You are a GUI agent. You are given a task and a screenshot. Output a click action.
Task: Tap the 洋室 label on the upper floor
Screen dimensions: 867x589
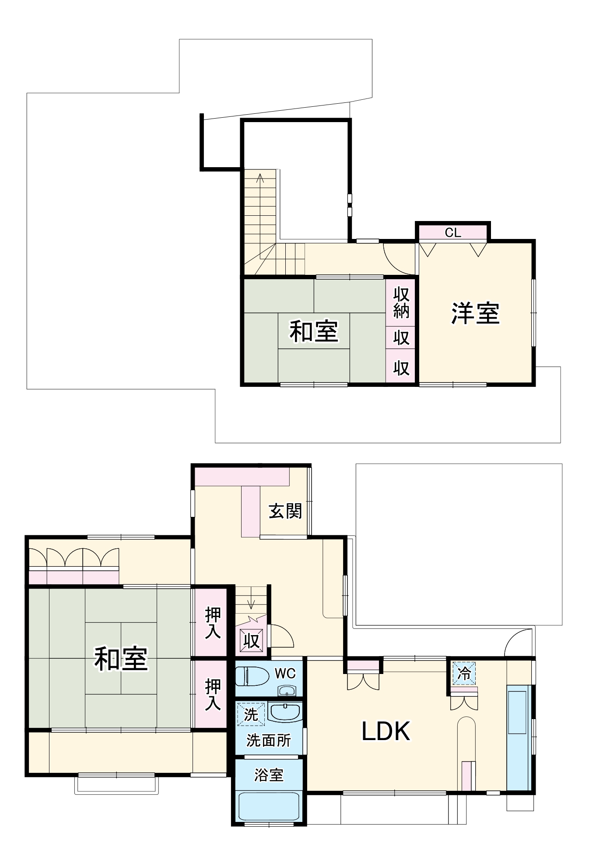[x=475, y=313]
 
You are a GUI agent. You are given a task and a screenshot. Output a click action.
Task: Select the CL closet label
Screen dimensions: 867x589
[x=453, y=233]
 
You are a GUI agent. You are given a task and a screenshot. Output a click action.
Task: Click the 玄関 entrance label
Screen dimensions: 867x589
[x=285, y=511]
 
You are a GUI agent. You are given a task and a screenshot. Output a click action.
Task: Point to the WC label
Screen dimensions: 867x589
[x=285, y=673]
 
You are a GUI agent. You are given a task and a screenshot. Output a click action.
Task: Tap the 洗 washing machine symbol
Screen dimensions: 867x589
[x=251, y=715]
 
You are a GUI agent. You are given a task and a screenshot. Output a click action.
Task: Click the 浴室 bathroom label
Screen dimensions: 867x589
[x=269, y=775]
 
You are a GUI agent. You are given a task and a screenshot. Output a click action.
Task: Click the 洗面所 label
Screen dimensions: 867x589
[x=269, y=741]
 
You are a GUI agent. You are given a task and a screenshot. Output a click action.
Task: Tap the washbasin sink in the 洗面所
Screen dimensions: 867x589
[x=285, y=712]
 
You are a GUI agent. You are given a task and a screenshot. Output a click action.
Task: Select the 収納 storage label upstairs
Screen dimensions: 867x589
[x=401, y=302]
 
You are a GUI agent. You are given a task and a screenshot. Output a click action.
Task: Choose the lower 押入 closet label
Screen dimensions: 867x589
[x=213, y=694]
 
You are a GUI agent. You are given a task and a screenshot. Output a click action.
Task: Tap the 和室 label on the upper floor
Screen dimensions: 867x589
[x=314, y=331]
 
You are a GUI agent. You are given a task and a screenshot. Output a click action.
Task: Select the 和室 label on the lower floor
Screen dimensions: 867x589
[x=121, y=658]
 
